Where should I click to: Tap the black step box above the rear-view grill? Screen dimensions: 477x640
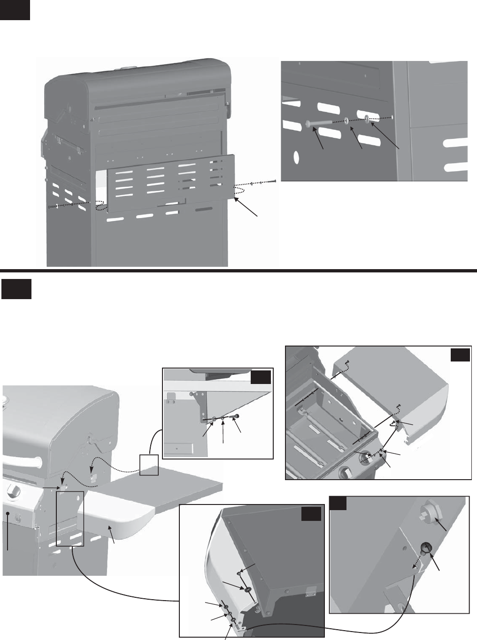(x=15, y=10)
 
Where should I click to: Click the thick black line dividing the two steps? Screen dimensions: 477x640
(x=238, y=271)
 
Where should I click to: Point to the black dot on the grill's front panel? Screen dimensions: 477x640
(x=8, y=514)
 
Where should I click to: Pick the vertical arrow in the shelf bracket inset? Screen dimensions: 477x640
(x=223, y=430)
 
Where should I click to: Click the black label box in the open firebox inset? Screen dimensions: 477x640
(x=460, y=354)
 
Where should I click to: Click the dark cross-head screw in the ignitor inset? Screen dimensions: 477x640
(x=426, y=547)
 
